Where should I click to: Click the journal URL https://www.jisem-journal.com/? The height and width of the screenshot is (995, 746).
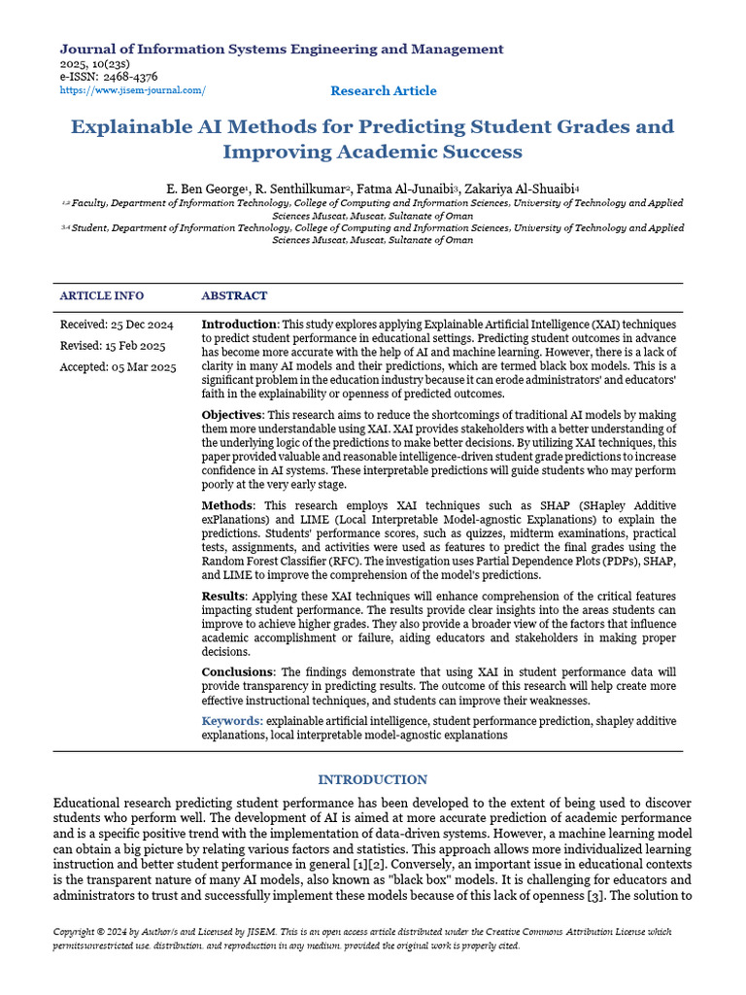[x=133, y=90]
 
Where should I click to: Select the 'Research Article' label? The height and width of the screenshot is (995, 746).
[x=384, y=90]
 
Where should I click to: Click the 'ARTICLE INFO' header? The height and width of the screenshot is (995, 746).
[x=102, y=295]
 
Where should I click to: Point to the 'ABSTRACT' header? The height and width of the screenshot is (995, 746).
[x=234, y=295]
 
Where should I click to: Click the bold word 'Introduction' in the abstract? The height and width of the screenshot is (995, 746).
[x=240, y=324]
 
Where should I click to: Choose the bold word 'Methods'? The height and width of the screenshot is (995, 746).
[x=228, y=506]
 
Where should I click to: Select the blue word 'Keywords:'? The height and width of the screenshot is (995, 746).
[x=232, y=721]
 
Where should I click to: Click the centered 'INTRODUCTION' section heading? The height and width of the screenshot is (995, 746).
[x=373, y=779]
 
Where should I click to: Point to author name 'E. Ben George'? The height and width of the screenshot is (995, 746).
[x=206, y=188]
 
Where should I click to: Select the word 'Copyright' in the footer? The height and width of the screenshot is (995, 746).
[x=78, y=932]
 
